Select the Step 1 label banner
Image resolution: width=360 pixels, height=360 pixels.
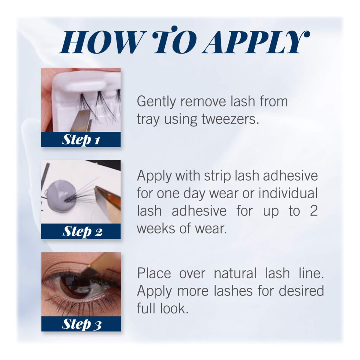(81, 139)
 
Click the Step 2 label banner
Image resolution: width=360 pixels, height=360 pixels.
(81, 231)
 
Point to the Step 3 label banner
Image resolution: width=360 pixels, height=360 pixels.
(81, 324)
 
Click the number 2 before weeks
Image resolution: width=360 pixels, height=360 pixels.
(313, 211)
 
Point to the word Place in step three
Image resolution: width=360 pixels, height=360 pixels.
(154, 273)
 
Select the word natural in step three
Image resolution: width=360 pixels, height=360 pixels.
(235, 273)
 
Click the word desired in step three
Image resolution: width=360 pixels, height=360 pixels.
(301, 291)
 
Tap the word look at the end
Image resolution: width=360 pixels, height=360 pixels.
(174, 308)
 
